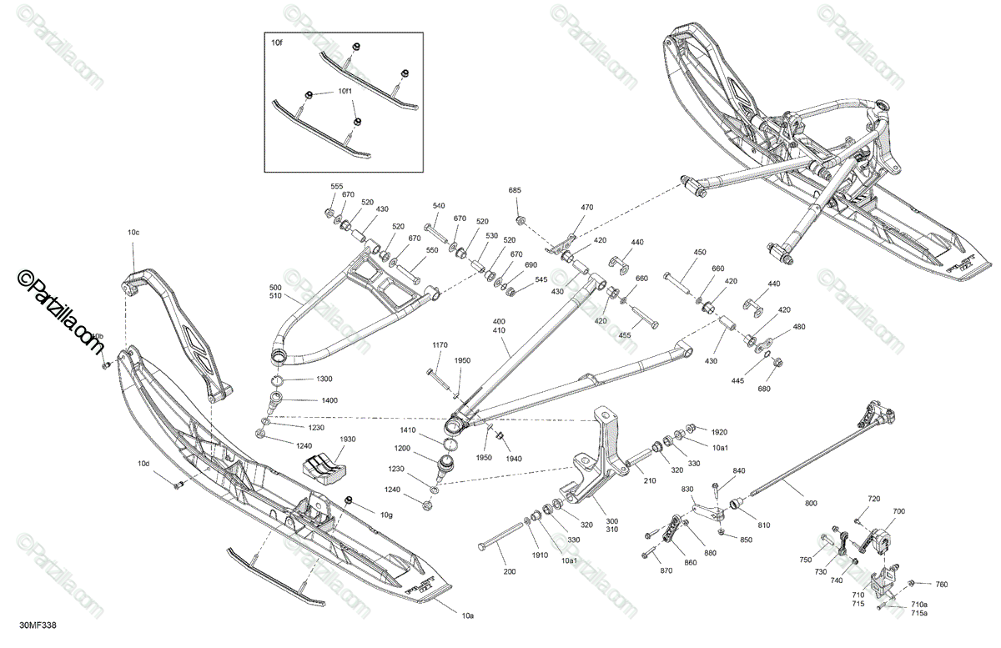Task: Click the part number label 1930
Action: pos(347,439)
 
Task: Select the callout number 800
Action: pos(811,503)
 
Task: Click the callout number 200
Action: pos(509,572)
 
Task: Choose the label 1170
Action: pos(440,345)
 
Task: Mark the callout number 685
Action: pos(516,191)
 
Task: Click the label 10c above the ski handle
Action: pos(133,231)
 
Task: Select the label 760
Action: pos(941,584)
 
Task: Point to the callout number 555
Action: pos(337,187)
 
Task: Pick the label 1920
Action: pos(719,433)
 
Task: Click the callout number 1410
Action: pos(406,430)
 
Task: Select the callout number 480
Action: pos(799,327)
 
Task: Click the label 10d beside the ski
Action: pos(144,463)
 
